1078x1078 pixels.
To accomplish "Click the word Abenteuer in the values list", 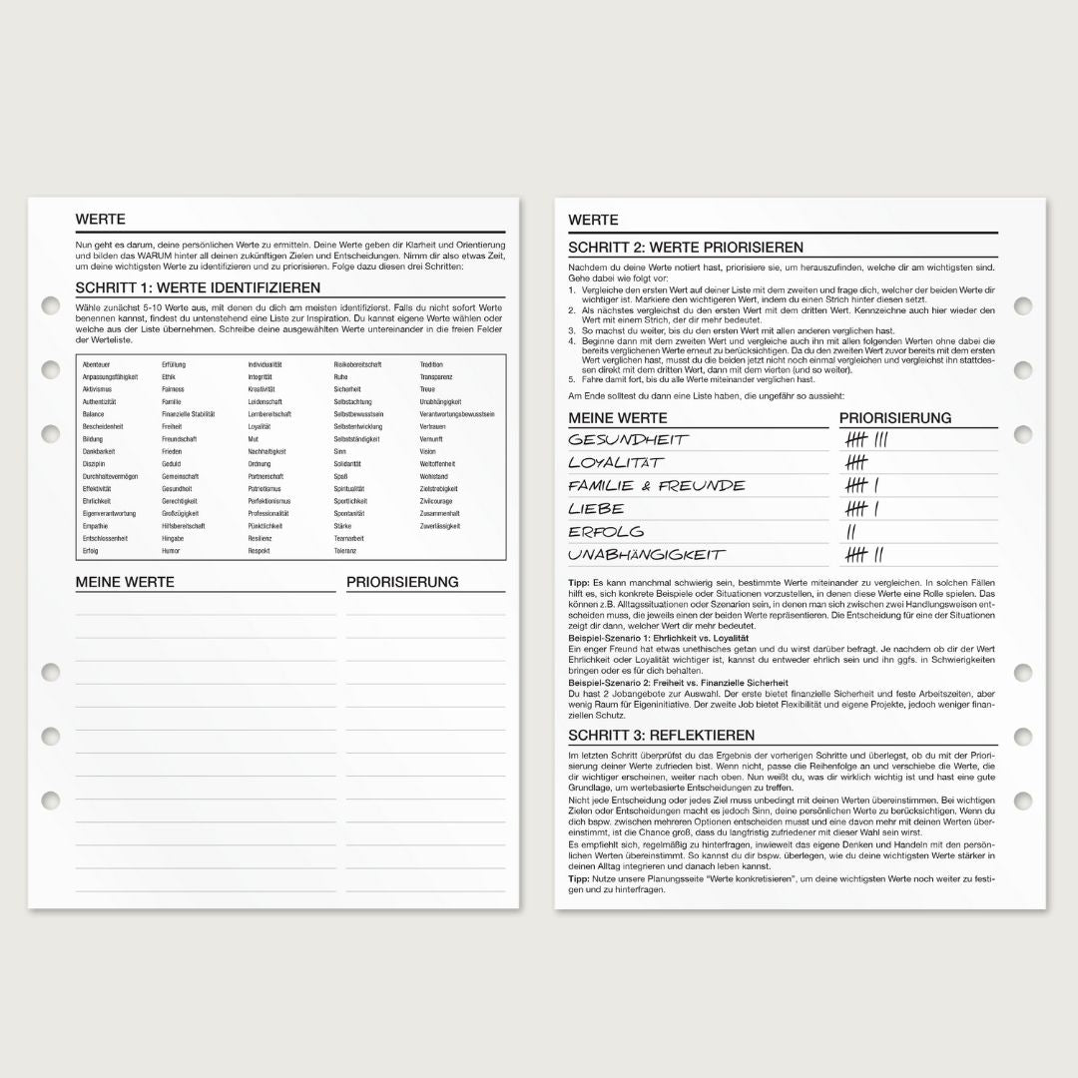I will point(97,364).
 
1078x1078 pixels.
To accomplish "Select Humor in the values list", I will point(171,550).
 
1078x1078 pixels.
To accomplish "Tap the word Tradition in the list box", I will point(431,364).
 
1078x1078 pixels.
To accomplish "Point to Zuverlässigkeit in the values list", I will point(440,525).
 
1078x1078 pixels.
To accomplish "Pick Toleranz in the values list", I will point(344,550).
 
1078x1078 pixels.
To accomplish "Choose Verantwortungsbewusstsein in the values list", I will point(457,414).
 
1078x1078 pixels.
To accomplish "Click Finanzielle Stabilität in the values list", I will point(189,414).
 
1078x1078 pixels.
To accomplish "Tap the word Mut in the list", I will point(254,439).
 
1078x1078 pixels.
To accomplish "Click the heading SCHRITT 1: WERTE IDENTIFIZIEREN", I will point(184,288).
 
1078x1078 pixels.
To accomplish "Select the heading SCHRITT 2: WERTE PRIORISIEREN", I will point(686,248).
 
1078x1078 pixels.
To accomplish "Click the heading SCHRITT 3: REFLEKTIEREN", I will point(661,735).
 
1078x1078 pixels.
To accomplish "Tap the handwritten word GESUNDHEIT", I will point(629,440).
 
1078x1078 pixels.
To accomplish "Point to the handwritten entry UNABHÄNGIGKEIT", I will point(647,554).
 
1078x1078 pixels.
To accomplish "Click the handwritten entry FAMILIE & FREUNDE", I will point(657,486).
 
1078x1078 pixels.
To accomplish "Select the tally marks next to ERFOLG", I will point(851,532).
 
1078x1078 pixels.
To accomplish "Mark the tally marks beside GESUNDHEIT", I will point(865,440).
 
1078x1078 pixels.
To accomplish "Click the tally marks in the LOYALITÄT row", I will point(856,463).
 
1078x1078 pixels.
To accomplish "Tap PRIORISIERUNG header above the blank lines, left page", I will point(402,582).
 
